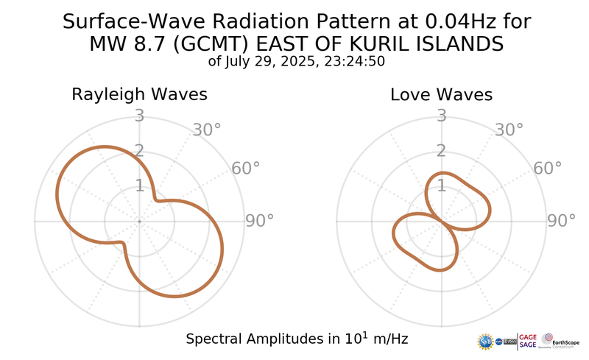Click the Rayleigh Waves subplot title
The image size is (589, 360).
[138, 95]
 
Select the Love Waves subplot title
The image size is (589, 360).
[441, 95]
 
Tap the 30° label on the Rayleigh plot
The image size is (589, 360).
[207, 130]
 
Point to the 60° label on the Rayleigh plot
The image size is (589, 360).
[246, 169]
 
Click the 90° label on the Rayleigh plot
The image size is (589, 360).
[259, 221]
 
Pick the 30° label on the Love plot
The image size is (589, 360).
[509, 130]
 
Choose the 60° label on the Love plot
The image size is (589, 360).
[548, 169]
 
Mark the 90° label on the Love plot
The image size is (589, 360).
[561, 221]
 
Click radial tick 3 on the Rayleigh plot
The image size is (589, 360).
[138, 116]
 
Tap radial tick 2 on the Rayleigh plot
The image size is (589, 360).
[138, 151]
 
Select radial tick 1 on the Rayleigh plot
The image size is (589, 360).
[138, 186]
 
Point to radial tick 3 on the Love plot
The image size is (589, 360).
[442, 116]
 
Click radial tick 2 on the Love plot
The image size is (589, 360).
[442, 151]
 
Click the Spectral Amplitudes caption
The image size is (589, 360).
[297, 339]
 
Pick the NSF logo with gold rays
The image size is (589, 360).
[486, 341]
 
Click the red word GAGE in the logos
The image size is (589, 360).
[529, 336]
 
